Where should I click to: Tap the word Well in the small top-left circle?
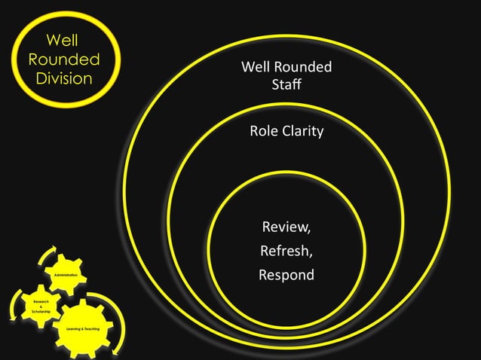[63, 39]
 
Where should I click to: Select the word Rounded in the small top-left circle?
[63, 58]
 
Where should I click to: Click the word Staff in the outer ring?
[286, 84]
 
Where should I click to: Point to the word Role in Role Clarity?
[265, 132]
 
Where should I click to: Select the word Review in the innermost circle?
[285, 226]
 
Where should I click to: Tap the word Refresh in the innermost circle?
[286, 250]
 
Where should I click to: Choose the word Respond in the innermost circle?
[286, 275]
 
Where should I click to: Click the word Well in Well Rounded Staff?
[255, 68]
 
